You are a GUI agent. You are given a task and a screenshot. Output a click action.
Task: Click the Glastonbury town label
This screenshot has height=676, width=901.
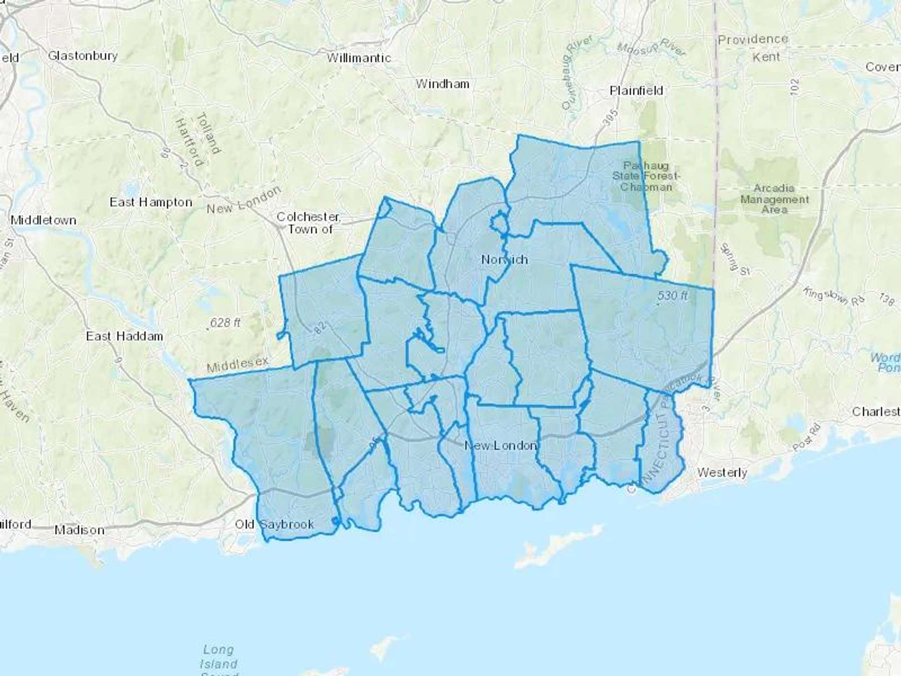[83, 56]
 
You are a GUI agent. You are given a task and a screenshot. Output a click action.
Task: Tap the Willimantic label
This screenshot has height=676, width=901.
[358, 58]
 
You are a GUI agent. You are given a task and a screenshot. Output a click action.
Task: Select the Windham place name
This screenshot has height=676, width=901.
[442, 84]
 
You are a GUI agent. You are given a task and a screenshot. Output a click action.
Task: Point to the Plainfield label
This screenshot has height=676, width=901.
[636, 91]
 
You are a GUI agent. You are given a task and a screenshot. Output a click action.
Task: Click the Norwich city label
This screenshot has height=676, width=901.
[504, 259]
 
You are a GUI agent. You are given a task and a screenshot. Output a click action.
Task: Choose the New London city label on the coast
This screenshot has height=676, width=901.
[501, 445]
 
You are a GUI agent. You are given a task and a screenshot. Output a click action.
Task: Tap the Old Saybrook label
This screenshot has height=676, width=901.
[274, 524]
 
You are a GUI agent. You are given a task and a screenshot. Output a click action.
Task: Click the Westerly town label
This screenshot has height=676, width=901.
[722, 472]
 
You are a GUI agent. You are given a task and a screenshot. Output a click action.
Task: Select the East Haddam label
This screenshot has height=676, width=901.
[124, 336]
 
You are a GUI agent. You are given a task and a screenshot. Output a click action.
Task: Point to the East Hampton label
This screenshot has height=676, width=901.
[151, 202]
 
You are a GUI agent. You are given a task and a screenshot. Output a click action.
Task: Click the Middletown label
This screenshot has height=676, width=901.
[44, 220]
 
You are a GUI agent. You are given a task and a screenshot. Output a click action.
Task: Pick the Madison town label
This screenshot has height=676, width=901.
[79, 530]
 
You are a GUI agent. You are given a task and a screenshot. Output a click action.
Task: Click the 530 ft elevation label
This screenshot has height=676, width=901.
[672, 295]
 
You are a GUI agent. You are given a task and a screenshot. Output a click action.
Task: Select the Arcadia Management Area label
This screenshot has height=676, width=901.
[774, 199]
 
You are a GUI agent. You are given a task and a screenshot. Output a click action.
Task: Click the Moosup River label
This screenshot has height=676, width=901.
[651, 48]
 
